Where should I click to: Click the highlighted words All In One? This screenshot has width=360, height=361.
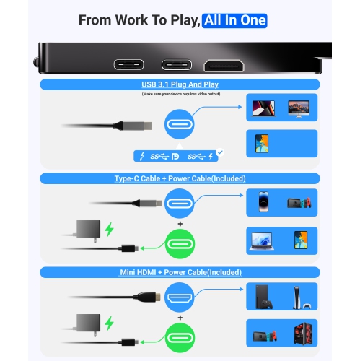pyautogui.click(x=234, y=20)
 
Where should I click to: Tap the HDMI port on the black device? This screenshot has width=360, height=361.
pyautogui.click(x=224, y=66)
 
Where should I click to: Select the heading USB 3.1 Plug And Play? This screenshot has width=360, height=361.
pyautogui.click(x=180, y=84)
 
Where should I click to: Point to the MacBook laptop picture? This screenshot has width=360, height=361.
pyautogui.click(x=263, y=108)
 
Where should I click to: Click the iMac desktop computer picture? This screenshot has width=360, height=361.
pyautogui.click(x=299, y=109)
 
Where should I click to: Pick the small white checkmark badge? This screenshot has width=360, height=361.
pyautogui.click(x=220, y=152)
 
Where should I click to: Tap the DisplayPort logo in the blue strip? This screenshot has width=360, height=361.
pyautogui.click(x=175, y=157)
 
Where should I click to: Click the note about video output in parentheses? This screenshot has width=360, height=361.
pyautogui.click(x=181, y=94)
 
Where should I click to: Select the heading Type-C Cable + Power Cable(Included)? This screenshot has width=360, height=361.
pyautogui.click(x=180, y=178)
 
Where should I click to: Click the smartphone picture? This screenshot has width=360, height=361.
pyautogui.click(x=263, y=201)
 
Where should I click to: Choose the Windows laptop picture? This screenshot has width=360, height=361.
pyautogui.click(x=262, y=241)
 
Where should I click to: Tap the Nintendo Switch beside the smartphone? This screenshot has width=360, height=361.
pyautogui.click(x=299, y=203)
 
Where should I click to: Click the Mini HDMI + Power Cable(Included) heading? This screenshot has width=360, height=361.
pyautogui.click(x=180, y=272)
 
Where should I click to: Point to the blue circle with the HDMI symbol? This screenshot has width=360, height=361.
pyautogui.click(x=180, y=297)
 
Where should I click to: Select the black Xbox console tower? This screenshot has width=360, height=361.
pyautogui.click(x=264, y=297)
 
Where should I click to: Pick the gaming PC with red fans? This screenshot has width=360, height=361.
pyautogui.click(x=304, y=334)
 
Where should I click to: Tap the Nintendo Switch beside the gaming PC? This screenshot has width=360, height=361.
pyautogui.click(x=265, y=336)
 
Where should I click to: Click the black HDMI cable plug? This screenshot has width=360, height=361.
pyautogui.click(x=147, y=297)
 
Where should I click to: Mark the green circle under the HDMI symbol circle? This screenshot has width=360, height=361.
pyautogui.click(x=180, y=338)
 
